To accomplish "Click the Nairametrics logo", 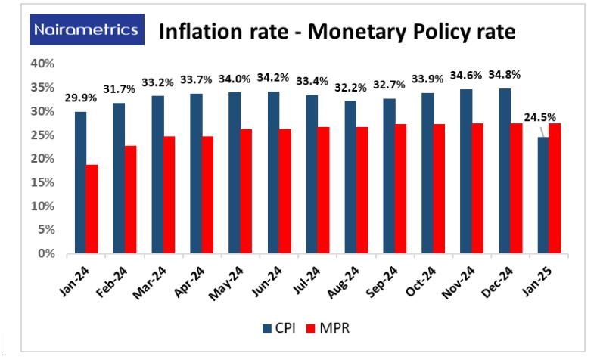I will point(86,29).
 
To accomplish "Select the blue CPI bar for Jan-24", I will point(80,182).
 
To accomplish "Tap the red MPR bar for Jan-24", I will point(92,209).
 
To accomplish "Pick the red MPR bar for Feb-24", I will point(130,199).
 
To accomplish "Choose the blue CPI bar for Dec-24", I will point(505,171).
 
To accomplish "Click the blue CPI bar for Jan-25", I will point(542,195).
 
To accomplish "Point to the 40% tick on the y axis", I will point(40,63).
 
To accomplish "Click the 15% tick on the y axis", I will point(40,182).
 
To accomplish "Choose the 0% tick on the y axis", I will point(43,253).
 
